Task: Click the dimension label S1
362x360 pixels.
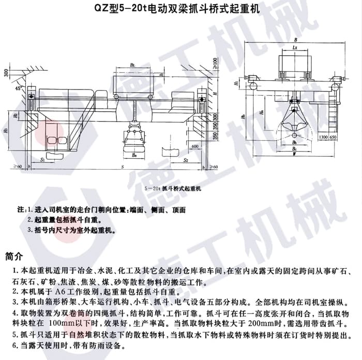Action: click(42, 161)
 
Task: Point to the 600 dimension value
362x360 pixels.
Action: click(194, 146)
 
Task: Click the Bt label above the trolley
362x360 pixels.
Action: click(133, 65)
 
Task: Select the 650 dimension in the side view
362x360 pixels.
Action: click(336, 138)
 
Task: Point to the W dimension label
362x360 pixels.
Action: click(294, 154)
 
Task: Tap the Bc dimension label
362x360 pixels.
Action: click(294, 147)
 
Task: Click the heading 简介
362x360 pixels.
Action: click(14, 257)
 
